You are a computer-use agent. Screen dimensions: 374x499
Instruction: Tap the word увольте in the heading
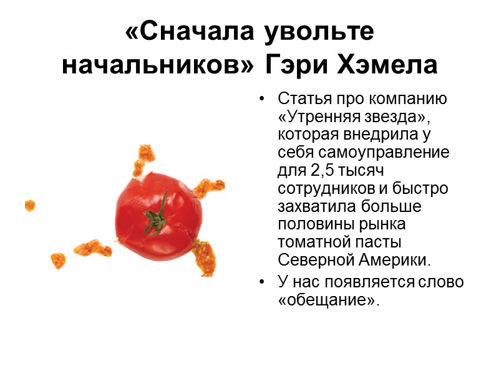(x=320, y=32)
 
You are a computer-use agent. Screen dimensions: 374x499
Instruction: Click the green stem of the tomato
(x=157, y=215)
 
